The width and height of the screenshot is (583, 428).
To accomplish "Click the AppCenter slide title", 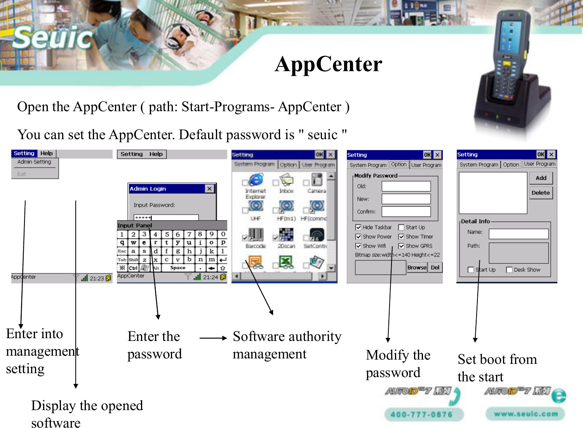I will click(x=328, y=64).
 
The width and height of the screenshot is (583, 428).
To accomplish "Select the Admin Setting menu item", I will click(x=34, y=162).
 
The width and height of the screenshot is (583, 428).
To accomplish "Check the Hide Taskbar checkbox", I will click(x=358, y=227).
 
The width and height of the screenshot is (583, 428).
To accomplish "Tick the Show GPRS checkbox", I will click(x=401, y=246).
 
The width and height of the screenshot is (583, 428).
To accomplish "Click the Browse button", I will click(x=417, y=267).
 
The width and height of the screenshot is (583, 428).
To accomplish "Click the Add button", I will click(x=541, y=178).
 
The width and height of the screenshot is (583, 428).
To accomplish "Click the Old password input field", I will click(x=406, y=186).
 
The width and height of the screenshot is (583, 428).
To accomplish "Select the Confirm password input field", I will click(x=406, y=211).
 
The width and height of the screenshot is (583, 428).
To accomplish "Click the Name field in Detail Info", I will click(x=519, y=233).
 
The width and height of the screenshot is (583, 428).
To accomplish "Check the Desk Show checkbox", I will click(x=509, y=270).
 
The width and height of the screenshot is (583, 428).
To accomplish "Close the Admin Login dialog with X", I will click(x=210, y=189).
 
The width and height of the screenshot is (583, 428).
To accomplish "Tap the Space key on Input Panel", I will click(x=178, y=268).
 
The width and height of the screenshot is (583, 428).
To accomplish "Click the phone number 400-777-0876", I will click(x=422, y=414).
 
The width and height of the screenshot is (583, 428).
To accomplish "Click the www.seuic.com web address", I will click(x=526, y=414).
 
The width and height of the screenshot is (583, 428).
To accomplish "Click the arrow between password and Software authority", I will click(x=213, y=338).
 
